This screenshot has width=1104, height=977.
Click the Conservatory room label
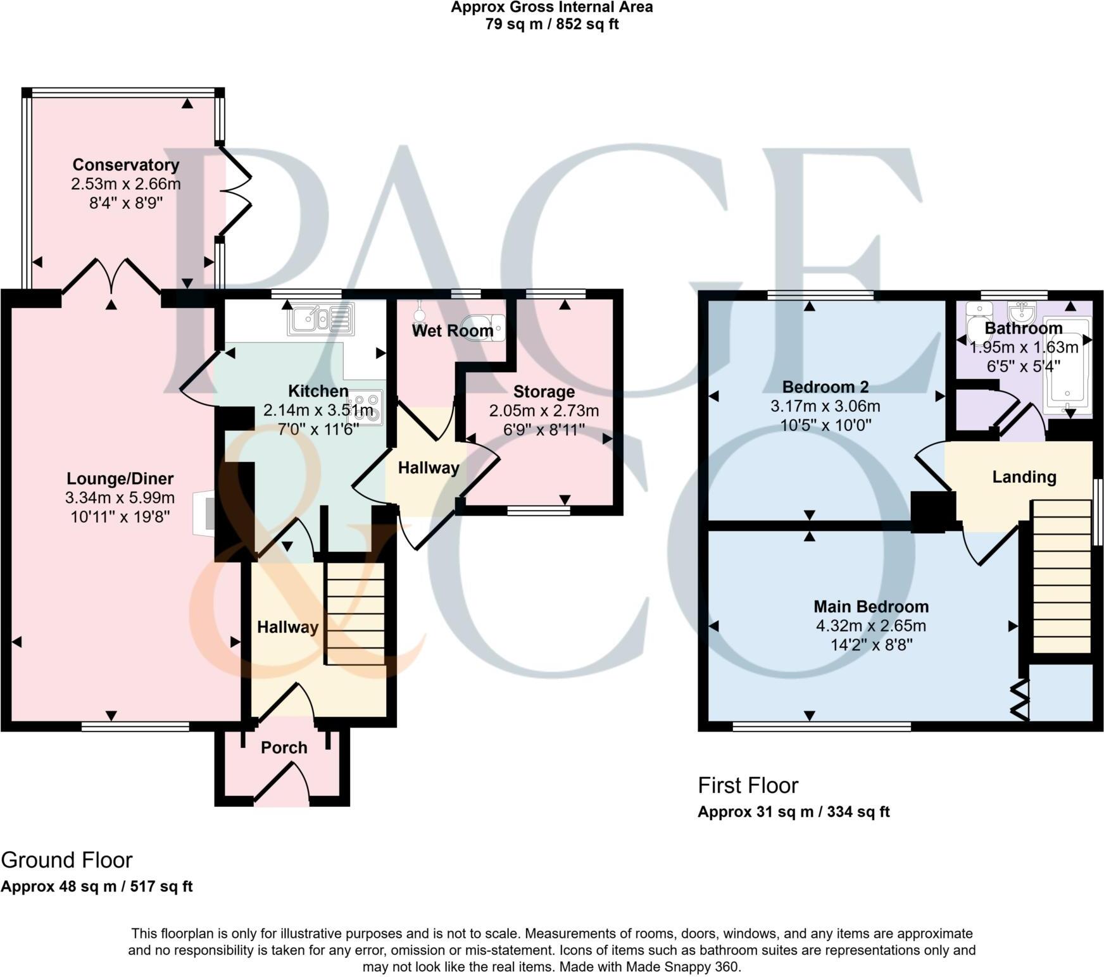pyautogui.click(x=126, y=165)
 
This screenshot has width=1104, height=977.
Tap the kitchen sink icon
pyautogui.click(x=321, y=318)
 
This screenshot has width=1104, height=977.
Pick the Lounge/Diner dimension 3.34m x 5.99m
pyautogui.click(x=120, y=498)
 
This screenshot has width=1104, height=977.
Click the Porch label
pyautogui.click(x=284, y=747)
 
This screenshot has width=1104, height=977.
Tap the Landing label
pyautogui.click(x=1024, y=476)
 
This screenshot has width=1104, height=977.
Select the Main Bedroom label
pyautogui.click(x=871, y=606)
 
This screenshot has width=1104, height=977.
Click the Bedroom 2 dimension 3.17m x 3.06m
pyautogui.click(x=825, y=406)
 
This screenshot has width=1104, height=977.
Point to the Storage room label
pyautogui.click(x=544, y=392)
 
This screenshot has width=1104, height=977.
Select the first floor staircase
pyautogui.click(x=1062, y=576)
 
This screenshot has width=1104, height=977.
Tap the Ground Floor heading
pyautogui.click(x=67, y=860)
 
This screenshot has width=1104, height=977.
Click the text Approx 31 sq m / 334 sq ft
pyautogui.click(x=793, y=811)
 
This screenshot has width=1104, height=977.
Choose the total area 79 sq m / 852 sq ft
pyautogui.click(x=551, y=25)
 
